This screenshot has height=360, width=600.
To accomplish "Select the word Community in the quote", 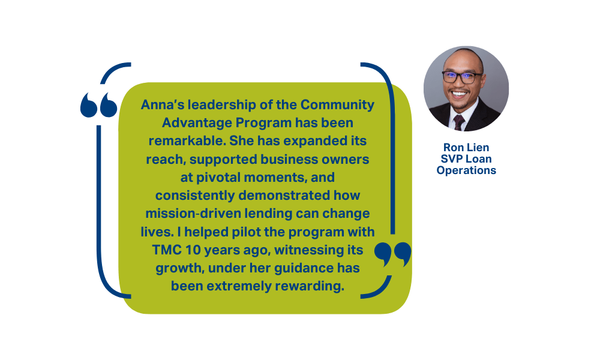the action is pyautogui.click(x=337, y=105).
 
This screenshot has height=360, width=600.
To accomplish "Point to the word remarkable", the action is pyautogui.click(x=187, y=141).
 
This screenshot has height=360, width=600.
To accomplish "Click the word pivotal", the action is pyautogui.click(x=218, y=178).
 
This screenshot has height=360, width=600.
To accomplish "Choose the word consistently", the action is pyautogui.click(x=195, y=196).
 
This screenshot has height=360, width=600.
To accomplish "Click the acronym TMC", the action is pyautogui.click(x=166, y=250).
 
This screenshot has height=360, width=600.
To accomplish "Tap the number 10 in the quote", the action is pyautogui.click(x=193, y=250).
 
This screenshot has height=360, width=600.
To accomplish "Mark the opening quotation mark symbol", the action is pyautogui.click(x=99, y=105).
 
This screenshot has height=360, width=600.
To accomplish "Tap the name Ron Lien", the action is pyautogui.click(x=466, y=147).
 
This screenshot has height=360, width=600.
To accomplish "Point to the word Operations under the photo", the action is pyautogui.click(x=466, y=170).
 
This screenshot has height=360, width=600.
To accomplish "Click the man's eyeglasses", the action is pyautogui.click(x=462, y=77).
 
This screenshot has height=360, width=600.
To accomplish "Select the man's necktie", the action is pyautogui.click(x=459, y=122).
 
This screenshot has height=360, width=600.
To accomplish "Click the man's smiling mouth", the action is pyautogui.click(x=459, y=94).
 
